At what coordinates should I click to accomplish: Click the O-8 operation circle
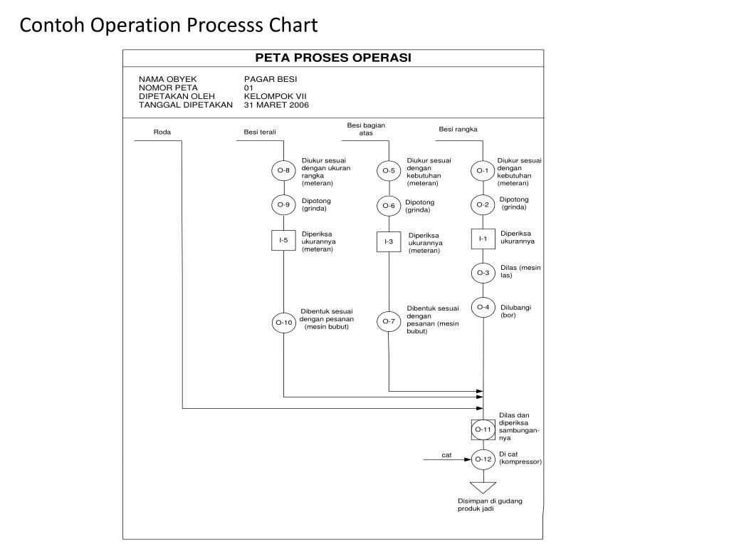(283, 170)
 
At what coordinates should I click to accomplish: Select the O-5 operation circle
(389, 171)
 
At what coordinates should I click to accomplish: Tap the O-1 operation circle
(483, 171)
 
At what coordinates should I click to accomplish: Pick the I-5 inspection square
(283, 240)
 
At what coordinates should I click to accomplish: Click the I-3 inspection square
(389, 241)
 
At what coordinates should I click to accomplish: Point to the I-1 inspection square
(483, 239)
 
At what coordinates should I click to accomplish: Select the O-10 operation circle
(283, 323)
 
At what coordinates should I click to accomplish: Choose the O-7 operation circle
(389, 321)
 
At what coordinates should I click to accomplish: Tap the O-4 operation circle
(483, 307)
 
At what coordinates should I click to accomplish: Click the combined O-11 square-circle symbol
(483, 429)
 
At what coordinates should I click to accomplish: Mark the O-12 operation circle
(483, 459)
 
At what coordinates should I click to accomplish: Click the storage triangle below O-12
(483, 487)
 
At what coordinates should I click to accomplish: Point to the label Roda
(162, 132)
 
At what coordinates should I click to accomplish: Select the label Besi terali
(260, 132)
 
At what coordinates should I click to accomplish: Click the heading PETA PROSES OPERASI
(333, 58)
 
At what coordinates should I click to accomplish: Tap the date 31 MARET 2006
(276, 105)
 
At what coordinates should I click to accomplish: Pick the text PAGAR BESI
(271, 79)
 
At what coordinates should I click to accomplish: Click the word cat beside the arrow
(446, 454)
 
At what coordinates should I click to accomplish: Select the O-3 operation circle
(483, 273)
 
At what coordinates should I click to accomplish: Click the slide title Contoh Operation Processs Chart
(169, 26)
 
